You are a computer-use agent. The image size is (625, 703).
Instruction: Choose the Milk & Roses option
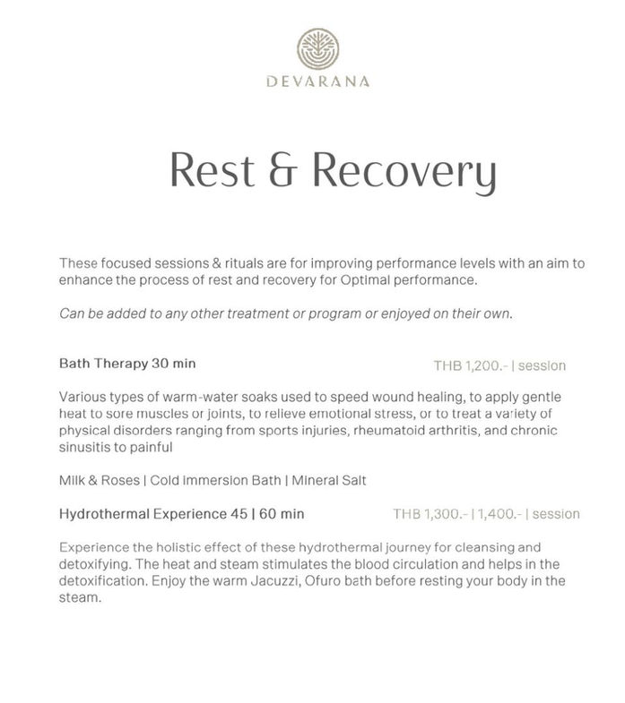click(x=99, y=480)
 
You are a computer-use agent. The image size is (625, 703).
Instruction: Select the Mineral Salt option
click(x=323, y=480)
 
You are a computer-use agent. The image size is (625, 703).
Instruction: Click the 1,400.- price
click(x=495, y=515)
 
